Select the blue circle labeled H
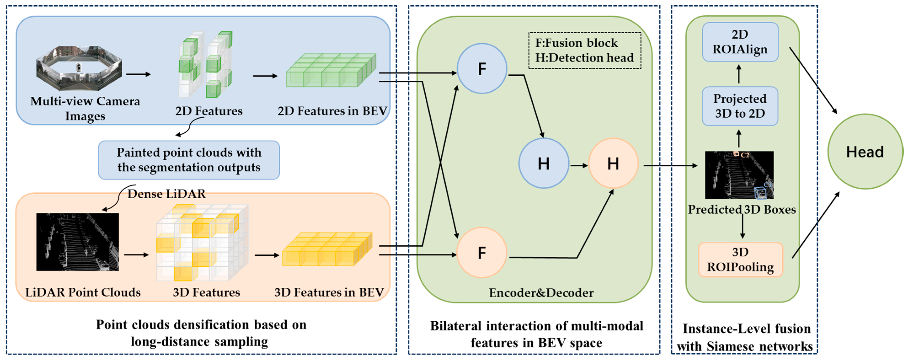tap(544, 163)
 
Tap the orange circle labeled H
tap(613, 163)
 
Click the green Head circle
tap(865, 152)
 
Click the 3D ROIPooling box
tap(740, 260)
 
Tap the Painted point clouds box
tap(189, 160)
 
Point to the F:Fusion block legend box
tap(584, 50)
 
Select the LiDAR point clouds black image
tap(77, 242)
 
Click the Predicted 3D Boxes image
tap(739, 175)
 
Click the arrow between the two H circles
tap(579, 165)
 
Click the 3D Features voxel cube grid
tap(203, 243)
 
